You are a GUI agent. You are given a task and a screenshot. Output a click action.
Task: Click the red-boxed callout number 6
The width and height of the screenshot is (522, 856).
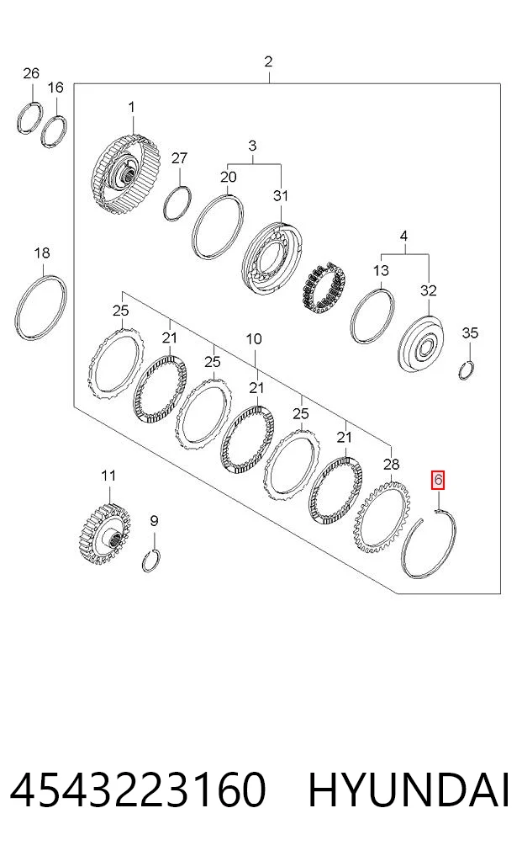click(x=438, y=480)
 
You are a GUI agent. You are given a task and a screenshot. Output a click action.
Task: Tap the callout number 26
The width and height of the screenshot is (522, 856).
click(x=31, y=73)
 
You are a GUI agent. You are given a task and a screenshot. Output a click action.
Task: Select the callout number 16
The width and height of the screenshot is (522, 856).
click(x=55, y=88)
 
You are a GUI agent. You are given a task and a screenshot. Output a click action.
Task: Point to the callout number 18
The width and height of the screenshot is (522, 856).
click(x=42, y=253)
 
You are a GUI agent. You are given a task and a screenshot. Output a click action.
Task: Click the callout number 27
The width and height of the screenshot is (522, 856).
click(x=179, y=158)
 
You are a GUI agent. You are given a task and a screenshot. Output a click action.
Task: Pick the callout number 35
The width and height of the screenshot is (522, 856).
click(x=470, y=332)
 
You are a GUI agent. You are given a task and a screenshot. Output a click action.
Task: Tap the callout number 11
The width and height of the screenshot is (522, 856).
click(x=108, y=476)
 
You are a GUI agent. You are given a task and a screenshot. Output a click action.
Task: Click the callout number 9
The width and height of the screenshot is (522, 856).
click(x=154, y=521)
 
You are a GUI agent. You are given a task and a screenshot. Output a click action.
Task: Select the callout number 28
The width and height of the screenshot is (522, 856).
click(x=391, y=465)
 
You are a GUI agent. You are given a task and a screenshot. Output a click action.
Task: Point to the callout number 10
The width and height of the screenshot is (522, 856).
click(x=254, y=339)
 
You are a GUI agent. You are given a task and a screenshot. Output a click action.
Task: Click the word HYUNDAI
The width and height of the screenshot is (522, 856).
click(x=409, y=790)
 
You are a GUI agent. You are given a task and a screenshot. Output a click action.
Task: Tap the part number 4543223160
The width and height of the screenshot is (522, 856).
click(x=138, y=790)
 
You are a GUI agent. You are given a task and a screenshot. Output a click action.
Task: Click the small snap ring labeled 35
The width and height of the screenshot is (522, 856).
click(x=466, y=370)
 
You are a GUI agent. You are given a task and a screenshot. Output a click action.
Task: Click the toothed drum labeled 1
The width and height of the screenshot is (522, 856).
click(x=126, y=176)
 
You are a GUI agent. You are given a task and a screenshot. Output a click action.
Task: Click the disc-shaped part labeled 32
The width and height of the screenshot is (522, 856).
click(x=420, y=344)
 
